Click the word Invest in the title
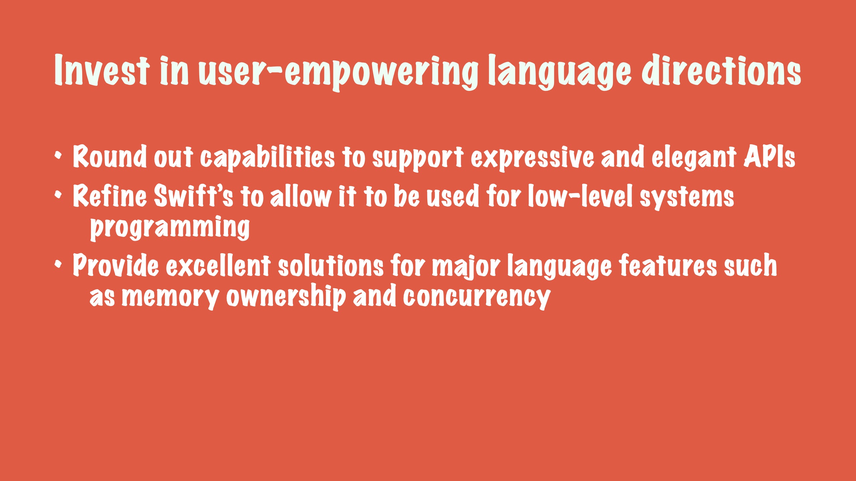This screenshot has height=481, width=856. click(102, 70)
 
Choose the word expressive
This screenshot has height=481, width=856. click(532, 157)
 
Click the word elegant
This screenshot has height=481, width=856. click(694, 157)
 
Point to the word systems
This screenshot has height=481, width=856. click(687, 198)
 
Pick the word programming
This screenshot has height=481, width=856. click(170, 228)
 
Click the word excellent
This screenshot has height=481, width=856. click(218, 265)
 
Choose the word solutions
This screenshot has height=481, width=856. click(331, 265)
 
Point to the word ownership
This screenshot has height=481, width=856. click(286, 297)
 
